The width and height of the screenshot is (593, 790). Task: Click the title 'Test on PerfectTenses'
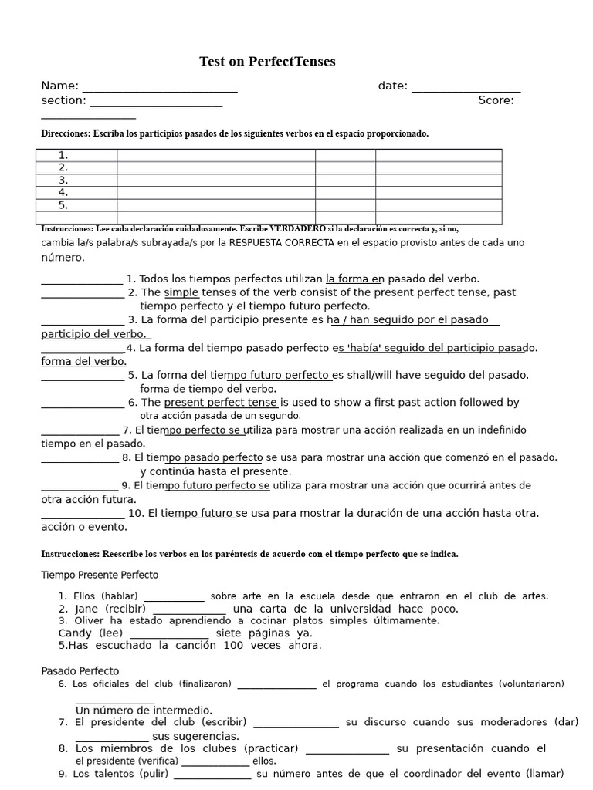click(267, 62)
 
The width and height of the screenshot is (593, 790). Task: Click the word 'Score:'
click(496, 100)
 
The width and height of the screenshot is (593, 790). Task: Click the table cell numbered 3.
click(76, 180)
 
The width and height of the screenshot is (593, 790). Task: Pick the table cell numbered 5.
click(76, 205)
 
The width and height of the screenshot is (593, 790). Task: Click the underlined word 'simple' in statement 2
click(181, 292)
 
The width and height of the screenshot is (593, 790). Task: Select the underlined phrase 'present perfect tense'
click(220, 402)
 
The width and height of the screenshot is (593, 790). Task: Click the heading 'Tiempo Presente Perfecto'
click(100, 575)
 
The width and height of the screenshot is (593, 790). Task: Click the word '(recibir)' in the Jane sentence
click(122, 609)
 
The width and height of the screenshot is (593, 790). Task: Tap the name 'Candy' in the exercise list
click(75, 633)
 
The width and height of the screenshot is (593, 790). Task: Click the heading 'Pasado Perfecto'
click(80, 671)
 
